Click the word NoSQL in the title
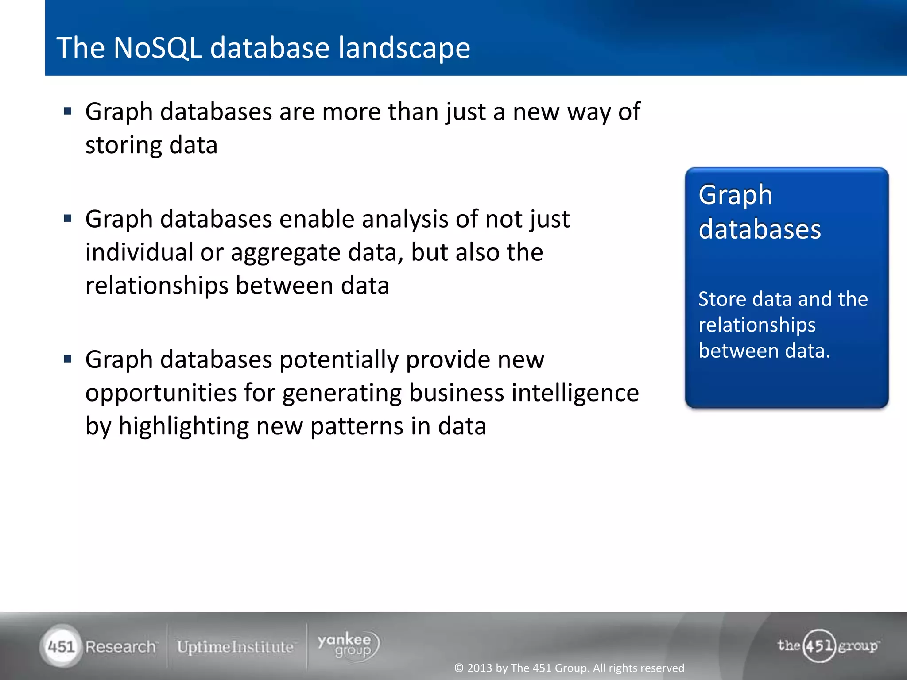[157, 48]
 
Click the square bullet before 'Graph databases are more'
[68, 111]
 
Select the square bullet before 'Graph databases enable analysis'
[68, 218]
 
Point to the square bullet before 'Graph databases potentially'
[68, 359]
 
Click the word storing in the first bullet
[124, 146]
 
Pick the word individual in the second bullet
[139, 252]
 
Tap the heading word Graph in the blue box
[735, 195]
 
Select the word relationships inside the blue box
[756, 325]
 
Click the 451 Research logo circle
[61, 646]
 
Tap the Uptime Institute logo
[235, 647]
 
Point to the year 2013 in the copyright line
[480, 668]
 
